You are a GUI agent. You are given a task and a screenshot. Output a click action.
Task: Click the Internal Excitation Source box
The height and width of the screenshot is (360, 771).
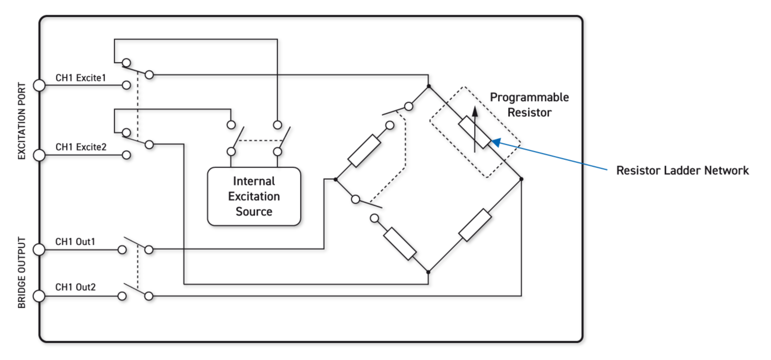click(x=254, y=197)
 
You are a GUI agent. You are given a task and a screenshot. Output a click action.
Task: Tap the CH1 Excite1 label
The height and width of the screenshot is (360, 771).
click(x=81, y=78)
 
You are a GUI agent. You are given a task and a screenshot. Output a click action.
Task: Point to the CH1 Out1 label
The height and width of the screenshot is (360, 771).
click(x=75, y=242)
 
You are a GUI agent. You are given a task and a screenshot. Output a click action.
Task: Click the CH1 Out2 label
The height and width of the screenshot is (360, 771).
click(x=76, y=287)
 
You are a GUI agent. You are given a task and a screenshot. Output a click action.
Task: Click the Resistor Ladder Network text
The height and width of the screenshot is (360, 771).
click(x=682, y=171)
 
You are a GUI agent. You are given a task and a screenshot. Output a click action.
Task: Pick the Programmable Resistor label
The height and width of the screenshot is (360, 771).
click(x=529, y=105)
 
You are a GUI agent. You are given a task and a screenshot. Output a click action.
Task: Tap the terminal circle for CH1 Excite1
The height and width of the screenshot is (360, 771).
click(x=39, y=85)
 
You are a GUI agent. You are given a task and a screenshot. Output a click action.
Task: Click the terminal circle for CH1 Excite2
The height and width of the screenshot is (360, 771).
click(x=39, y=155)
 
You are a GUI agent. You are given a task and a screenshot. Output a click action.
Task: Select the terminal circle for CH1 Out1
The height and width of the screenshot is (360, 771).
click(x=39, y=249)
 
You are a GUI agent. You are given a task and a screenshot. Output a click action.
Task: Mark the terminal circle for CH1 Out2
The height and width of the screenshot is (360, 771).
click(x=39, y=296)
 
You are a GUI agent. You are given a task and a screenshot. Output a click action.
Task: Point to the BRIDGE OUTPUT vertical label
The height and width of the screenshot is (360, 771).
click(x=22, y=272)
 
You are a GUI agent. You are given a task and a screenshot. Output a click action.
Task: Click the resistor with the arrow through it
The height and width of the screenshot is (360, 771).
click(x=475, y=133)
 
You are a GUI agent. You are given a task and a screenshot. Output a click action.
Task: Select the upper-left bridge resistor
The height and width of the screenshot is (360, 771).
click(x=364, y=150)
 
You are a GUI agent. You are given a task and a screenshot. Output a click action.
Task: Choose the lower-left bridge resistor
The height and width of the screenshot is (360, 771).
click(x=400, y=244)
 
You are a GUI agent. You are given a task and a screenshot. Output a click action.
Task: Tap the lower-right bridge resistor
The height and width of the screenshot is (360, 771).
click(x=475, y=225)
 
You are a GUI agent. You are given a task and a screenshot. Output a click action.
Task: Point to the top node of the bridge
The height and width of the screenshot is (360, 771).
click(x=428, y=87)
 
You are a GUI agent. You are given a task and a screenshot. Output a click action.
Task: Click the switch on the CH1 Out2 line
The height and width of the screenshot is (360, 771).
click(x=135, y=291)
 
